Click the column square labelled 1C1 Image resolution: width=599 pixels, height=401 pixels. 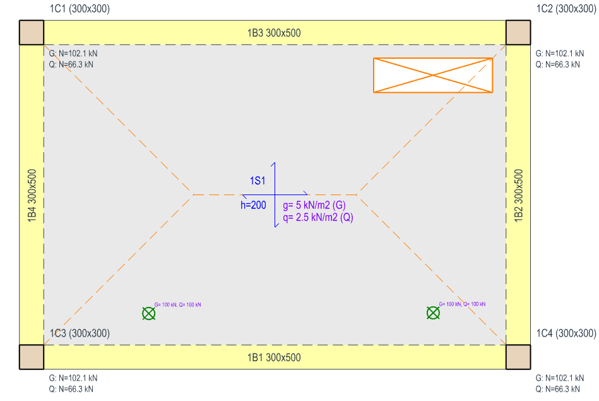pyautogui.click(x=32, y=33)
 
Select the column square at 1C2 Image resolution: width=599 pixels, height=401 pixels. pyautogui.click(x=518, y=33)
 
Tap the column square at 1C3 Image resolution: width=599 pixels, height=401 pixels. pyautogui.click(x=32, y=357)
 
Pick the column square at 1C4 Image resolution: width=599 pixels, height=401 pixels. pyautogui.click(x=518, y=357)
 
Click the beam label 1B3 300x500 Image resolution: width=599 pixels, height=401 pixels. pyautogui.click(x=273, y=33)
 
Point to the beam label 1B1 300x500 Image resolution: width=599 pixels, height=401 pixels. pyautogui.click(x=273, y=357)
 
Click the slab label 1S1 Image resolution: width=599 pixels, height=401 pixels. pyautogui.click(x=258, y=181)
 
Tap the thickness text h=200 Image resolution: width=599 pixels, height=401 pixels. pyautogui.click(x=253, y=205)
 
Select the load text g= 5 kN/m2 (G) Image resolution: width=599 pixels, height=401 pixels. pyautogui.click(x=314, y=205)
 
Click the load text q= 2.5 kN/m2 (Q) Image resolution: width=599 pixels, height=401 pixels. pyautogui.click(x=317, y=217)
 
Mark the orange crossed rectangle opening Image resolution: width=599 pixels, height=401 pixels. pyautogui.click(x=432, y=76)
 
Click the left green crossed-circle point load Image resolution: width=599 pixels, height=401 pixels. pyautogui.click(x=148, y=313)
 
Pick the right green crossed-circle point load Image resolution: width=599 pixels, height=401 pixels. pyautogui.click(x=433, y=313)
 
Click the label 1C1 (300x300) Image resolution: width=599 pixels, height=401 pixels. pyautogui.click(x=79, y=9)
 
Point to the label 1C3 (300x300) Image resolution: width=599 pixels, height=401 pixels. pyautogui.click(x=80, y=333)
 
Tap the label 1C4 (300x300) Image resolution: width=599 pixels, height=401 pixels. pyautogui.click(x=566, y=333)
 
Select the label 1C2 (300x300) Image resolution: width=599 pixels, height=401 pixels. pyautogui.click(x=566, y=9)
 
